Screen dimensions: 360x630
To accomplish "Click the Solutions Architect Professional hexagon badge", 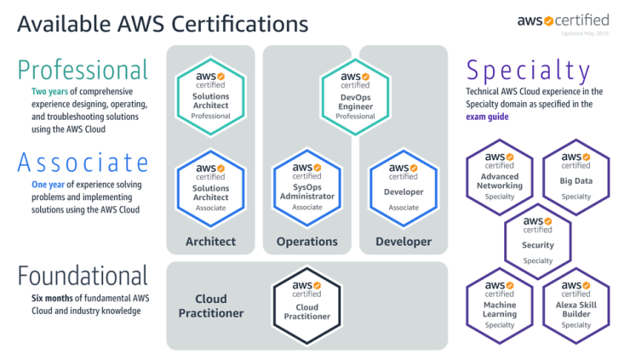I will point(211,94).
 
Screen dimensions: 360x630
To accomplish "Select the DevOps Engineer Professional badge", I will point(355,94).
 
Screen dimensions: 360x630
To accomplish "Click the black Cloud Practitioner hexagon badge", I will point(306,308).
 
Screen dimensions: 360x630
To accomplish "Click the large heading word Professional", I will point(82,69).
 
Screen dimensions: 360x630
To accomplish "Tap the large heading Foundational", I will point(83,276).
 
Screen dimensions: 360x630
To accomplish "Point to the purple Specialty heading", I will point(528,70).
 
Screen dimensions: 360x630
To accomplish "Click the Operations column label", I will point(306,242).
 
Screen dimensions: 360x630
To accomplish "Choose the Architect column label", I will point(210,242).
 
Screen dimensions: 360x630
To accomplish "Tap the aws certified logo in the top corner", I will point(563,20).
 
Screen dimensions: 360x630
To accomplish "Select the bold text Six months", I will point(54,298).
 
